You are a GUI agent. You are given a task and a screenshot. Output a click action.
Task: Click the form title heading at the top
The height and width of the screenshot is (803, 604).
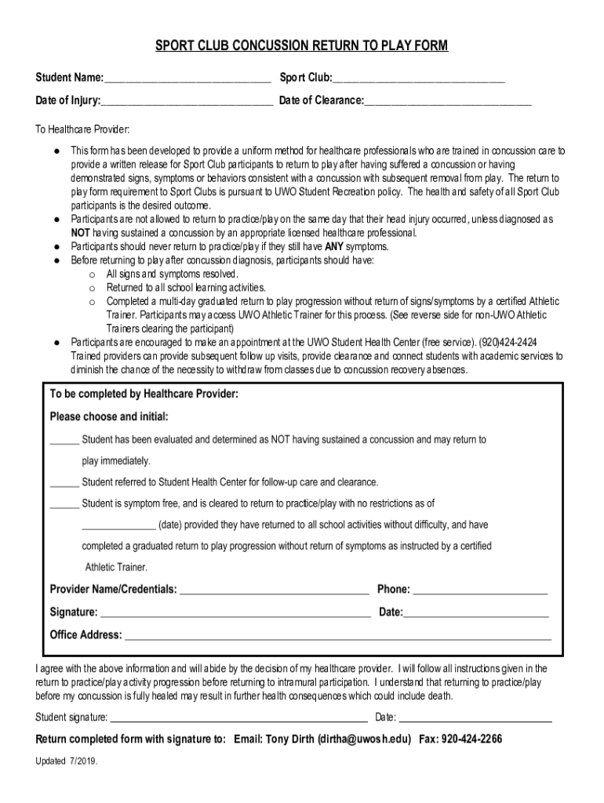point(302,47)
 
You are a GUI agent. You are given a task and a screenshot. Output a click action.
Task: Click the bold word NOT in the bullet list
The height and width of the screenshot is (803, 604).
point(81,233)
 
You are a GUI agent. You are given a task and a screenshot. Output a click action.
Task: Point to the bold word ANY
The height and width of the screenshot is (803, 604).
point(335,246)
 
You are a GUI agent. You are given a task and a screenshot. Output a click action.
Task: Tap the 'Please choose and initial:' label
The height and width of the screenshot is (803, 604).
point(109,416)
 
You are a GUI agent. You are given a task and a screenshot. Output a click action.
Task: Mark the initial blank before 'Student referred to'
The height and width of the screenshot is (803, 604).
point(64,484)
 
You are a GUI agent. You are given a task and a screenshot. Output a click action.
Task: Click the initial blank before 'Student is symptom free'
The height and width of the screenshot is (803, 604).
point(64,505)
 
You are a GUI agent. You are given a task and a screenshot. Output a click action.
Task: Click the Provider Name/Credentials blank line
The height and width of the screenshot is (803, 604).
point(275,590)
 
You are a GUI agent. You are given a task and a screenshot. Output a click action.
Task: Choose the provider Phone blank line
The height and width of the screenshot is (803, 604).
point(480,590)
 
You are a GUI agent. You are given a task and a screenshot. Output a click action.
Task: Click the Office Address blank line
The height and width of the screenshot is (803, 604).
point(338,637)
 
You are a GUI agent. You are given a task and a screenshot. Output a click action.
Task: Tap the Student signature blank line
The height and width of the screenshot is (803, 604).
point(238,718)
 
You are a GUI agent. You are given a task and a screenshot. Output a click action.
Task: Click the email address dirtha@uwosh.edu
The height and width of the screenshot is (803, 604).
point(363,739)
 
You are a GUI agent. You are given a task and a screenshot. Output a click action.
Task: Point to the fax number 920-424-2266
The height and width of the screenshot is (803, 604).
point(471,739)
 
